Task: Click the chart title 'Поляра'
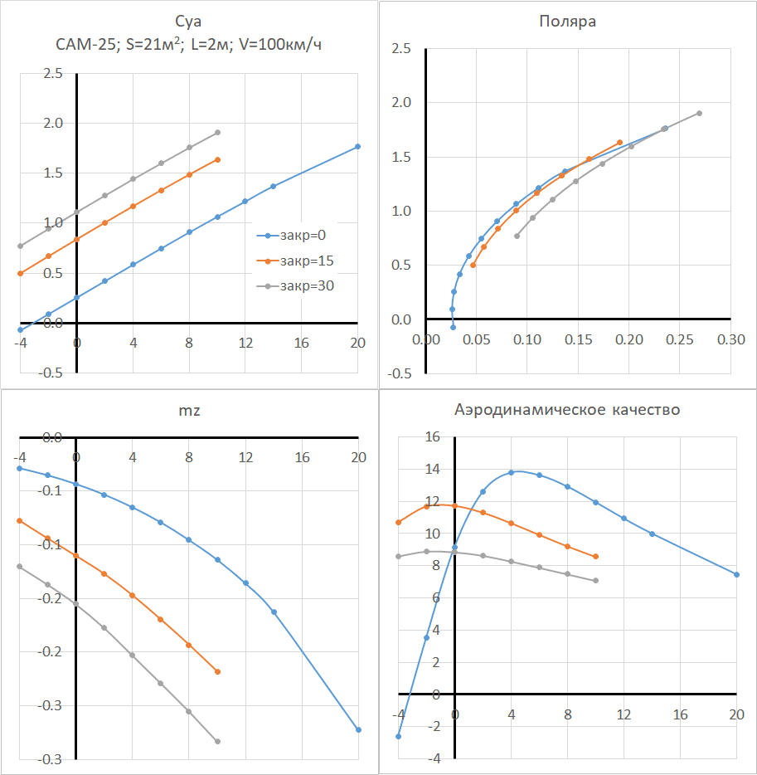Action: pos(568,22)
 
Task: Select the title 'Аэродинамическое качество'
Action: pos(568,410)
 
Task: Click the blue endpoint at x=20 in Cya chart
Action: pos(358,146)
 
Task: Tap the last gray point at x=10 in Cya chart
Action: pos(217,132)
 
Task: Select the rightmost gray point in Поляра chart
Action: pos(699,113)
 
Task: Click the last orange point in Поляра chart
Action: pos(620,142)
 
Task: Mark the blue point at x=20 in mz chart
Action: pos(358,730)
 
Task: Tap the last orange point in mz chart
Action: pos(217,671)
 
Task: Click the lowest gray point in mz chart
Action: pos(217,741)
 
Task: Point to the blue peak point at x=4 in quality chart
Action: pos(512,472)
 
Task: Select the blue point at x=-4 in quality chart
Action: pos(399,736)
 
